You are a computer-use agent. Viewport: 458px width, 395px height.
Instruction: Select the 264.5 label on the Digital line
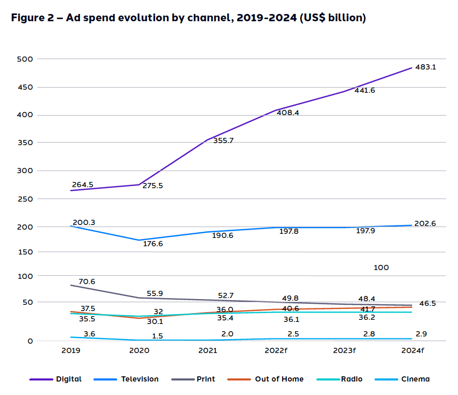point(83,185)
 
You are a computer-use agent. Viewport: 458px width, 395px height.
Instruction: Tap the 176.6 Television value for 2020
point(153,243)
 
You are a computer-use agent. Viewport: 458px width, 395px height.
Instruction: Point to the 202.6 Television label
point(425,224)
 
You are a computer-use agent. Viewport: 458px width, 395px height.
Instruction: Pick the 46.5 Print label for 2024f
point(427,303)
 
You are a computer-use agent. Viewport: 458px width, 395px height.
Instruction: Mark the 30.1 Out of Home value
point(154,321)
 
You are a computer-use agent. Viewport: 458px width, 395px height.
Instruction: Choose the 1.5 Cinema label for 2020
point(158,336)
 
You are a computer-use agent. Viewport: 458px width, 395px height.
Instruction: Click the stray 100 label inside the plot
point(381,268)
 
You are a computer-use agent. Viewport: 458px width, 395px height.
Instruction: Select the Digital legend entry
point(56,379)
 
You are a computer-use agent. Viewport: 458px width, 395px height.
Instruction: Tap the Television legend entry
point(127,379)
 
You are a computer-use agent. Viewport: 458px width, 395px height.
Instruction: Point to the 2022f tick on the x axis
point(275,350)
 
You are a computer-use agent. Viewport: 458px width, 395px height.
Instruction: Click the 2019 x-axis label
point(71,350)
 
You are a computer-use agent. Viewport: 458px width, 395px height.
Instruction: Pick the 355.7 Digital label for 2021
point(224,140)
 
